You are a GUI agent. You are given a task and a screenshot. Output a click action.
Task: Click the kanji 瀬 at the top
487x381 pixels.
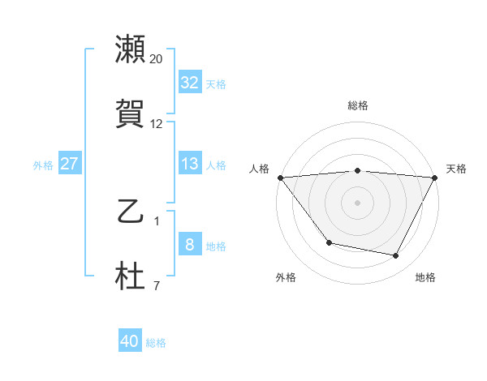(x=130, y=49)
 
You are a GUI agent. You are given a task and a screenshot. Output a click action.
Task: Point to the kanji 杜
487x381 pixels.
(x=130, y=276)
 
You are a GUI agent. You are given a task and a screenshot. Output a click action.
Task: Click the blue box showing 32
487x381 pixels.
(x=189, y=82)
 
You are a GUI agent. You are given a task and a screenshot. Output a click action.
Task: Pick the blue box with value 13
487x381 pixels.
(x=189, y=164)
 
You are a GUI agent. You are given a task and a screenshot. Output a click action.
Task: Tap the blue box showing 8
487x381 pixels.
(x=189, y=245)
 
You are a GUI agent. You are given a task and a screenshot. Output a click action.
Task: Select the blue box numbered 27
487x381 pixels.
(x=69, y=164)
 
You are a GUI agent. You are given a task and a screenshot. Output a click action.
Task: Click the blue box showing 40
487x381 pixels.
(x=130, y=341)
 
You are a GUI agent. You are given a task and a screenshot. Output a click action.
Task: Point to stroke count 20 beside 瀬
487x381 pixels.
(x=157, y=58)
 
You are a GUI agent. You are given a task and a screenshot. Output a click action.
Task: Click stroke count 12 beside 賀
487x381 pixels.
(x=157, y=123)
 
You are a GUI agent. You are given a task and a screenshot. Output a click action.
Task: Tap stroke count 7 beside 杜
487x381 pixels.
(x=157, y=285)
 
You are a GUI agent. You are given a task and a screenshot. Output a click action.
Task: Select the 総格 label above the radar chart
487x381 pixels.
(x=357, y=105)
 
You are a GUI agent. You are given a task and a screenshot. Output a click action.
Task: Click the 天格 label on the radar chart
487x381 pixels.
(x=456, y=169)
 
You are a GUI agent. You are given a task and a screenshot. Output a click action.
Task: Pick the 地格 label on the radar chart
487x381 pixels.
(x=425, y=277)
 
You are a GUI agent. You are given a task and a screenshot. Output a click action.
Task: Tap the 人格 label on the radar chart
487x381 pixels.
(x=260, y=169)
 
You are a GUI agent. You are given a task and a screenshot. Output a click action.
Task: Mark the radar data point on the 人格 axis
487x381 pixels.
(x=280, y=178)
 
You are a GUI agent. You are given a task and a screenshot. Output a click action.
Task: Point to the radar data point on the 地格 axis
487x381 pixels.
(x=396, y=256)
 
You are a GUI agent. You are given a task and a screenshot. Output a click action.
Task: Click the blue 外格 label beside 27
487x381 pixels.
(x=43, y=165)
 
